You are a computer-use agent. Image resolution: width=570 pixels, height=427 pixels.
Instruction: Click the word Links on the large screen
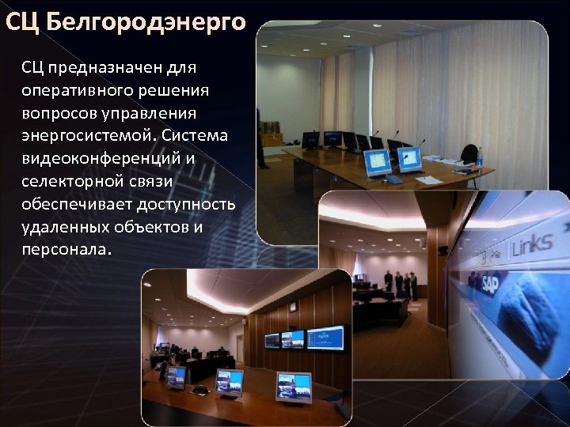(x=532, y=246)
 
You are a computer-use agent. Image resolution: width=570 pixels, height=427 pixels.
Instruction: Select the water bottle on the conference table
(x=480, y=157)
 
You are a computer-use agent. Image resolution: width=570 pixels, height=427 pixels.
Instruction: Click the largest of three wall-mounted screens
(x=326, y=338)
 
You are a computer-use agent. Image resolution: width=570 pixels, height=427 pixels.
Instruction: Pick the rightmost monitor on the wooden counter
(x=293, y=386)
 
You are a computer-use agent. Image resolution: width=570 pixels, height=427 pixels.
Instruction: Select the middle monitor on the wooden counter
(x=230, y=381)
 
